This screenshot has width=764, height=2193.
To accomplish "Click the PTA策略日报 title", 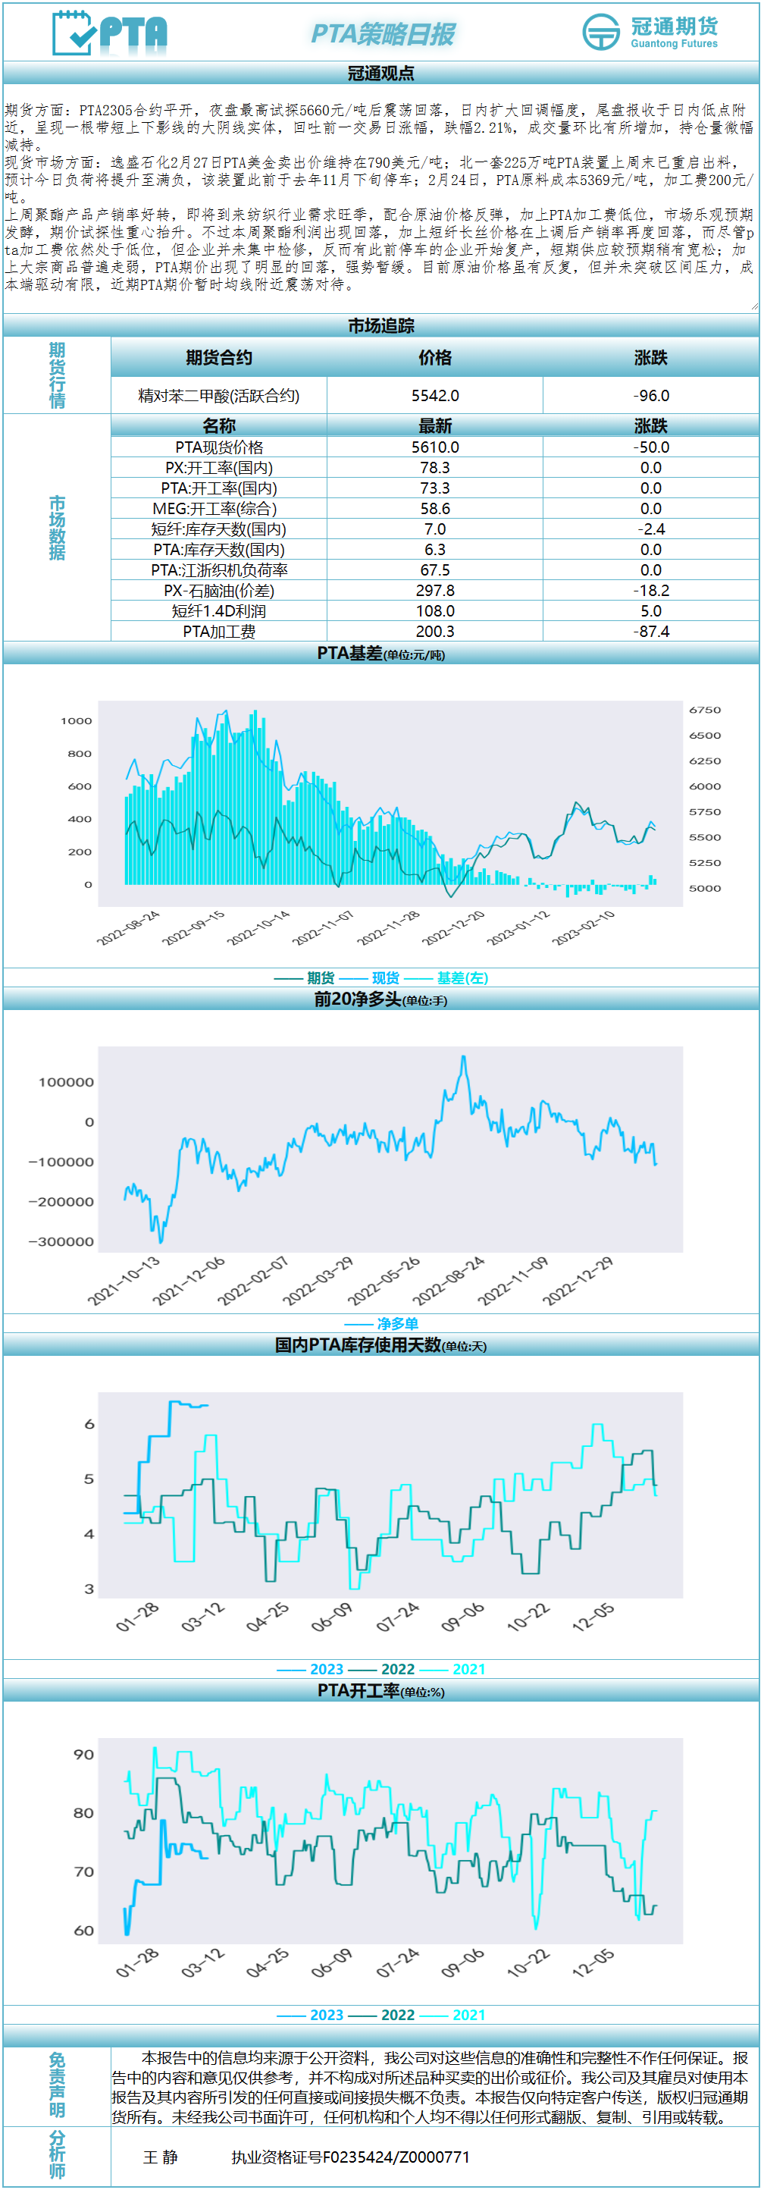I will click(383, 34).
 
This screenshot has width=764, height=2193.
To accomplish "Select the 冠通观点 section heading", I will click(381, 74).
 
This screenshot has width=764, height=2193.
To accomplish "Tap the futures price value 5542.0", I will click(435, 396).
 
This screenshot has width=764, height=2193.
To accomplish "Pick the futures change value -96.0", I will click(651, 396).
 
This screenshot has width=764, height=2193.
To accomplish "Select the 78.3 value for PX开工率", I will click(435, 467).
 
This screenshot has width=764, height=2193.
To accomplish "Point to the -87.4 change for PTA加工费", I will click(651, 632).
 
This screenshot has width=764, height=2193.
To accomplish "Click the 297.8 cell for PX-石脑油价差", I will click(435, 591).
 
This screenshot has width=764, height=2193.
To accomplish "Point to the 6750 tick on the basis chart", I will click(704, 710).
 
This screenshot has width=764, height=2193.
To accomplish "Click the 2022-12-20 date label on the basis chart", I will click(454, 927).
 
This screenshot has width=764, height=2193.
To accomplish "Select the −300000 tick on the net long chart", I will click(61, 1242).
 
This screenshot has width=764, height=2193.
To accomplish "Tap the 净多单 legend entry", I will click(397, 1324).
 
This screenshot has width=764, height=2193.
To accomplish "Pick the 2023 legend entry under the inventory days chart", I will click(326, 1670).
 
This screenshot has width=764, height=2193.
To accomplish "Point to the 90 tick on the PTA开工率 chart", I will click(83, 1755).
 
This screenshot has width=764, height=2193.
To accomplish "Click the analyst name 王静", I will click(161, 2157).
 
